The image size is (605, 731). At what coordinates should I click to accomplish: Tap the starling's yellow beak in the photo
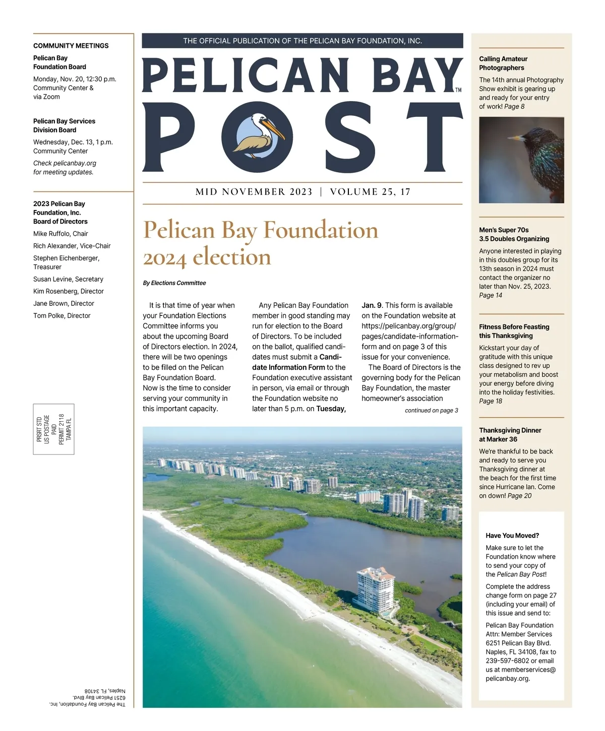point(515,138)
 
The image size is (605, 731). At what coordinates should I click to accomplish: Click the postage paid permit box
point(54,429)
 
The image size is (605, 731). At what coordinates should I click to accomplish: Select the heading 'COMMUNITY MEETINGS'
point(71,46)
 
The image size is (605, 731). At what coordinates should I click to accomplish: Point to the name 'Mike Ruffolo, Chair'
point(60,234)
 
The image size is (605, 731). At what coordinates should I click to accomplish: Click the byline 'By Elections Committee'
point(174,283)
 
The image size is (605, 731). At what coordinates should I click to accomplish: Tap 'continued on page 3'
point(431,411)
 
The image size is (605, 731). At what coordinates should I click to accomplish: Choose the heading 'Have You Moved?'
point(512,536)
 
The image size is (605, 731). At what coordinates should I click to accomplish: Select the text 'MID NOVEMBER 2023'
point(254,192)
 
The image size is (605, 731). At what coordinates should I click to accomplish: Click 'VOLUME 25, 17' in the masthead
point(370,192)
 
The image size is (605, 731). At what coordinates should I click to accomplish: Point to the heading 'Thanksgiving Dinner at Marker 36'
point(510,435)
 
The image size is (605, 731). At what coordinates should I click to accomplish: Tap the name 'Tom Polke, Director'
point(62,316)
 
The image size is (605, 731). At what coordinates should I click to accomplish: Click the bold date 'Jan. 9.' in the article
point(372,305)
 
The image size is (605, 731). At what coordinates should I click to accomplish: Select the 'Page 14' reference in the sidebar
point(491,295)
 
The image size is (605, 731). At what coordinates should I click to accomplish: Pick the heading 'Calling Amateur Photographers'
point(503,63)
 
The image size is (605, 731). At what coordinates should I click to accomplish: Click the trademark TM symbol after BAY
point(458,90)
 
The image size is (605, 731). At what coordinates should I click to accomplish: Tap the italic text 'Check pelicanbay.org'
point(65,163)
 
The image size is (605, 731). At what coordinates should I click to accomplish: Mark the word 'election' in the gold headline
point(232,257)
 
